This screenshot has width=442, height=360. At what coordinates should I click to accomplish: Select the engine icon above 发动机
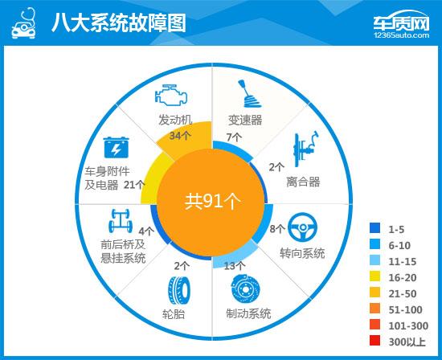click(170, 96)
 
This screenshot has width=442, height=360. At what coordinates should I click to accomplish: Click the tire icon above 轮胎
click(175, 288)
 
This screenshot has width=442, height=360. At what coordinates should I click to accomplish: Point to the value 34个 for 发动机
click(179, 136)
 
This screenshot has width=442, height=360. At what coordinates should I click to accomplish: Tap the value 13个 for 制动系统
click(235, 265)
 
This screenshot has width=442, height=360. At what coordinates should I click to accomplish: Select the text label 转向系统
click(302, 253)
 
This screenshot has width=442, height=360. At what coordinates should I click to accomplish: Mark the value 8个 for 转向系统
click(276, 230)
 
